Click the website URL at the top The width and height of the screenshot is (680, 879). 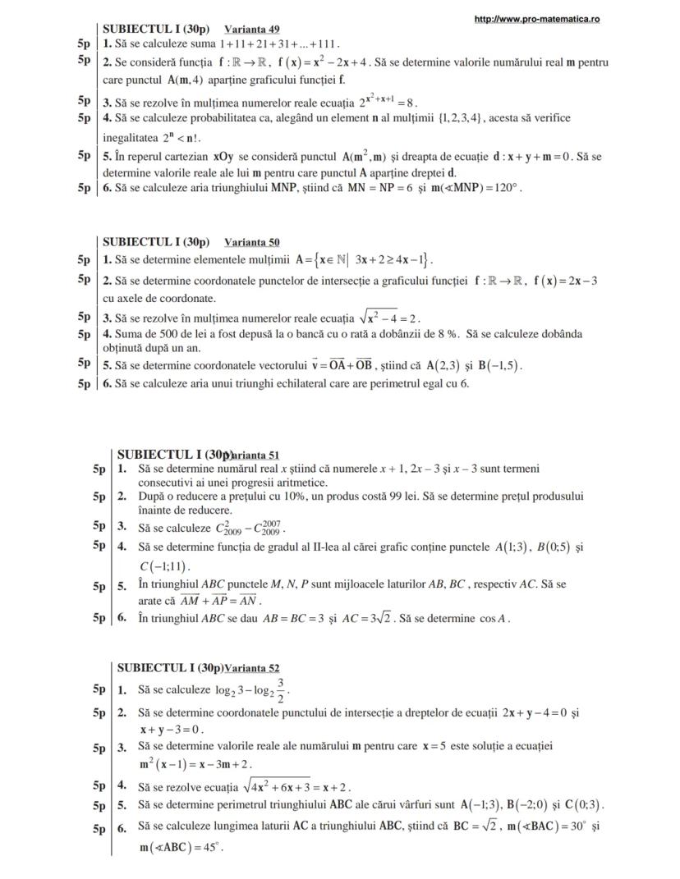pos(537,19)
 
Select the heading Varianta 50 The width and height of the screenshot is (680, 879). pos(251,242)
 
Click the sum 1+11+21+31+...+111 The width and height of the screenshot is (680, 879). pos(280,43)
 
